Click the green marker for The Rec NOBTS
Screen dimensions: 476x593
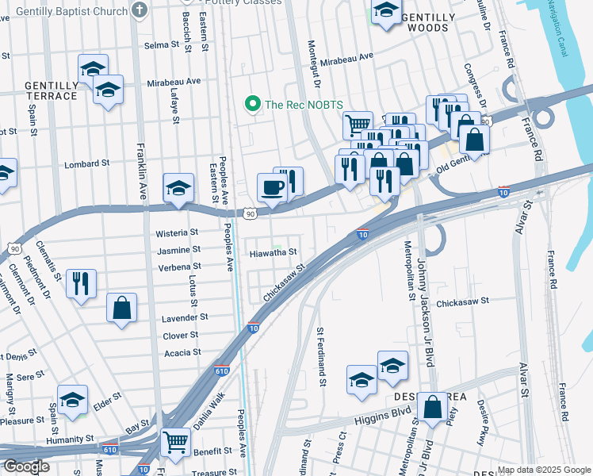click(x=252, y=104)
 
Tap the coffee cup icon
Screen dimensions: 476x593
click(x=272, y=188)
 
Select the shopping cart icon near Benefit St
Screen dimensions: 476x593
click(x=175, y=442)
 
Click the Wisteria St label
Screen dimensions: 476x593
click(x=178, y=232)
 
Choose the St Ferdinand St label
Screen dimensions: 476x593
click(x=321, y=357)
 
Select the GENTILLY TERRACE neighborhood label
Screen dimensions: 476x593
click(x=51, y=90)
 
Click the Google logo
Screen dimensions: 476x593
click(x=26, y=466)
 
